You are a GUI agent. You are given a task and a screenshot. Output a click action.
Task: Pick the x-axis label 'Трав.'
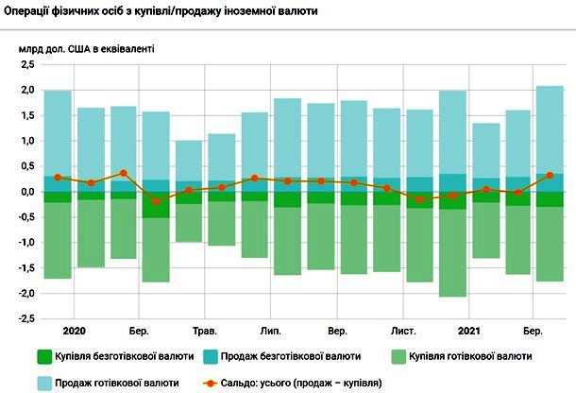[x=204, y=332]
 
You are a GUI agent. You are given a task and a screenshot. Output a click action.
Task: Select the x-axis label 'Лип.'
[x=270, y=332]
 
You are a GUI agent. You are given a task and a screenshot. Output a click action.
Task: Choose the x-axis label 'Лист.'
[x=402, y=332]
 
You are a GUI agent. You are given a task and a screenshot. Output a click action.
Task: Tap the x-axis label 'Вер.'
[x=337, y=332]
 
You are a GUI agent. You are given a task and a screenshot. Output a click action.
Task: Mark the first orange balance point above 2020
[x=58, y=178]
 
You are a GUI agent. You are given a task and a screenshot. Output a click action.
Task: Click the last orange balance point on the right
[x=550, y=175]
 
